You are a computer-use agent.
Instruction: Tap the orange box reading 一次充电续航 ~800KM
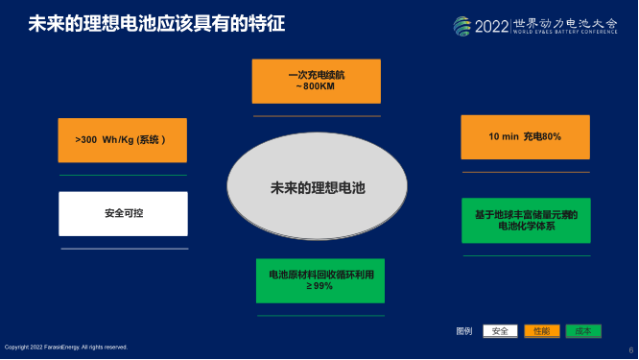pos(316,81)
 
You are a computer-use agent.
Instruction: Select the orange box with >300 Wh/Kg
pos(122,140)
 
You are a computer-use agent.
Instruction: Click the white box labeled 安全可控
pos(122,214)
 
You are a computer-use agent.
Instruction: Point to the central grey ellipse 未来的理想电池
pos(317,187)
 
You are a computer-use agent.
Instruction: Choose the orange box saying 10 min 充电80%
pos(524,137)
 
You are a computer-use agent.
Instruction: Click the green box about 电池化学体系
pos(524,220)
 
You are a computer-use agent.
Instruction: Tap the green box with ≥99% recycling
pos(319,280)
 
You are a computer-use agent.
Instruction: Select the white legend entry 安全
pos(500,331)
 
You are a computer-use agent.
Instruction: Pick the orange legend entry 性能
pos(541,331)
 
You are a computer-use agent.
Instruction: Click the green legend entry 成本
pos(582,331)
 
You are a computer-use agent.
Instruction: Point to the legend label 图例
pos(463,331)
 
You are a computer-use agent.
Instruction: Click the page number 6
pos(630,348)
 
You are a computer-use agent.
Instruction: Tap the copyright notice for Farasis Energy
pos(66,347)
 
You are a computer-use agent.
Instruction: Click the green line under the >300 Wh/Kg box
pos(122,176)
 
